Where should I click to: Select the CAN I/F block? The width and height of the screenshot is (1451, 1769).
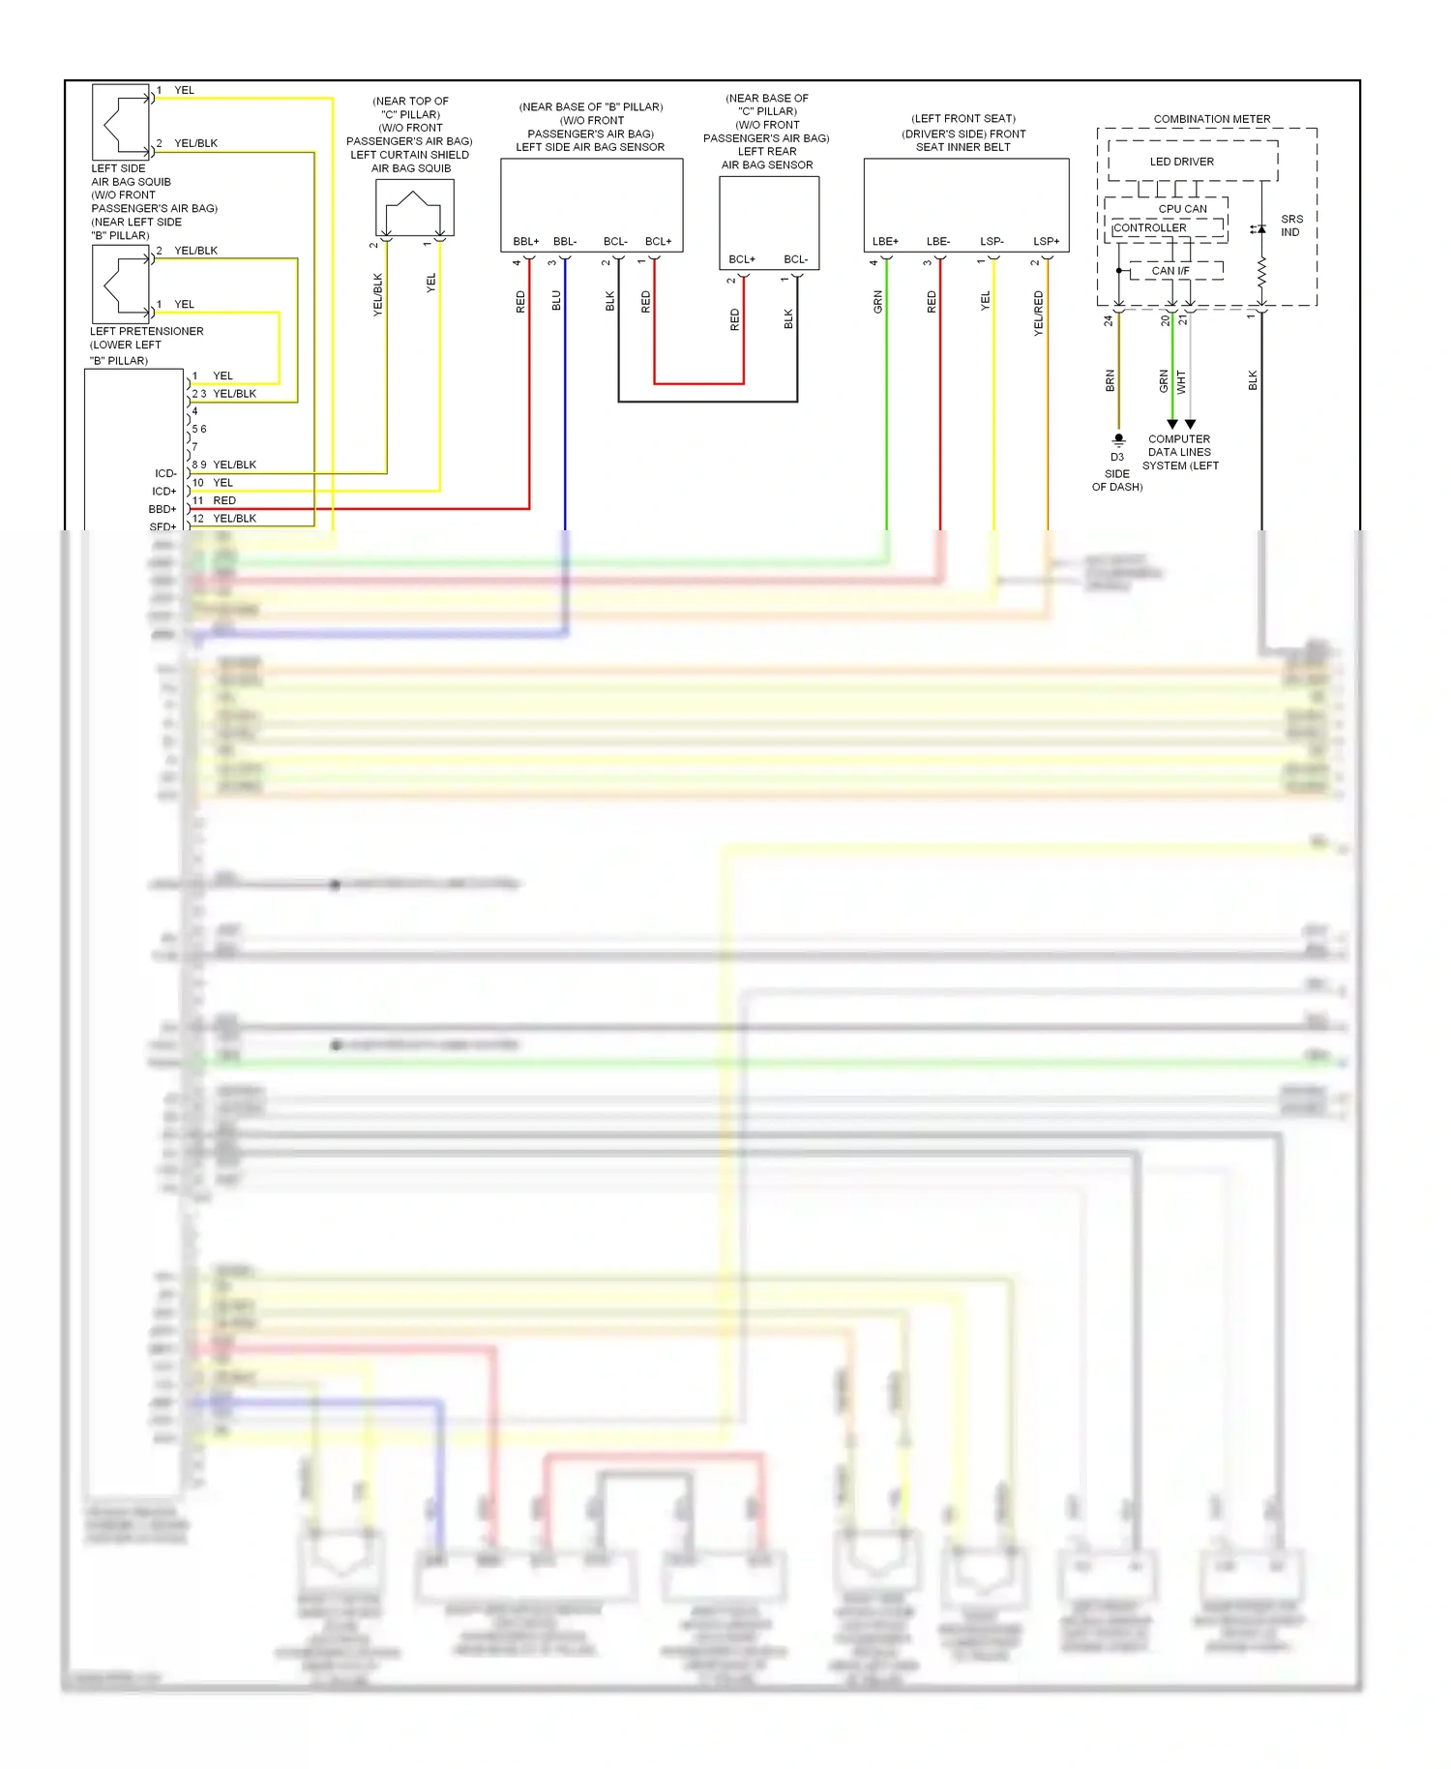tap(1170, 271)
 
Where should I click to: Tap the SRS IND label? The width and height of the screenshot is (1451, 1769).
tap(1290, 225)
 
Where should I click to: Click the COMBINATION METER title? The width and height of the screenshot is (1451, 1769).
tap(1211, 119)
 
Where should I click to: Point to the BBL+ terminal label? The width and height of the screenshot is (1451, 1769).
tap(525, 241)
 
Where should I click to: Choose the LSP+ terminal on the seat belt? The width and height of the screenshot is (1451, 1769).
tap(1046, 241)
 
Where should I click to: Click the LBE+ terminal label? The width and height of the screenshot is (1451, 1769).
tap(884, 241)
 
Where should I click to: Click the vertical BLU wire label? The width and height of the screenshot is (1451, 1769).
tap(556, 301)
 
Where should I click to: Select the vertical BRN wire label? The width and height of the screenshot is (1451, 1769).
tap(1110, 380)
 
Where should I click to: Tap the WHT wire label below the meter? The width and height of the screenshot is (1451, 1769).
tap(1181, 381)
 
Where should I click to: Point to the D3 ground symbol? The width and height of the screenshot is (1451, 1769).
tap(1118, 439)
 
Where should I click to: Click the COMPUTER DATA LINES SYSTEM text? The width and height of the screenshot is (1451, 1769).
tap(1179, 452)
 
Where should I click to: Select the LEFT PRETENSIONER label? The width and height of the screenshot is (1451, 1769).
tap(146, 331)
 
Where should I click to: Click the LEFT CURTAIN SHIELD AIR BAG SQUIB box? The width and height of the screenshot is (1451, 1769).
tap(414, 207)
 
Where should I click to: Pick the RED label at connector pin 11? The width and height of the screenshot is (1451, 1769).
tap(224, 500)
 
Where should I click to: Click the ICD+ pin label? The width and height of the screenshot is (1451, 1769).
tap(163, 492)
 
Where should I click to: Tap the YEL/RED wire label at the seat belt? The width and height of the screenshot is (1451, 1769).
tap(1038, 313)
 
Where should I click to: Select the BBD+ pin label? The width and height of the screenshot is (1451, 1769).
tap(163, 509)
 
